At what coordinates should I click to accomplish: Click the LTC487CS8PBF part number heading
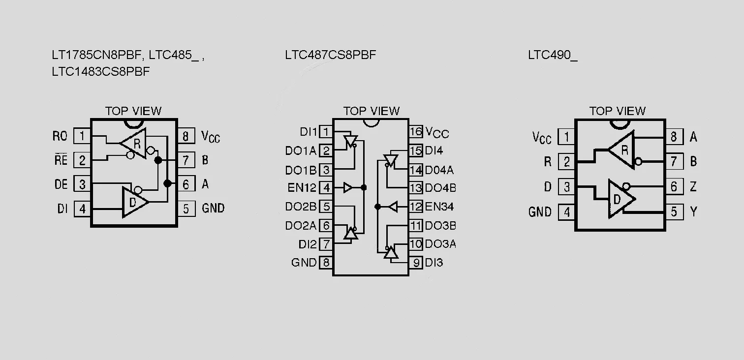[331, 55]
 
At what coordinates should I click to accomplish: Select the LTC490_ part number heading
[553, 55]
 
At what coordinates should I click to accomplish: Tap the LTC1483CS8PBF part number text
[101, 71]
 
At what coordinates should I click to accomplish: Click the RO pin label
[60, 136]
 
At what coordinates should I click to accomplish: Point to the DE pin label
[61, 184]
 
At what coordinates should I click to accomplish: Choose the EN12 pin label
[302, 188]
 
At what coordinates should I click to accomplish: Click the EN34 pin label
[439, 207]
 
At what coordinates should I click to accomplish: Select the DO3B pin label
[440, 226]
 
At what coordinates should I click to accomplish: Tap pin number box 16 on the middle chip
[416, 132]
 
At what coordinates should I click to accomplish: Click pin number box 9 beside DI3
[416, 263]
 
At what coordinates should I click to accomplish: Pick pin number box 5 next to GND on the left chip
[186, 209]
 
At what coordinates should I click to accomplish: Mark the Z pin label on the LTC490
[693, 187]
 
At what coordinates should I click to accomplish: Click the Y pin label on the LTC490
[693, 211]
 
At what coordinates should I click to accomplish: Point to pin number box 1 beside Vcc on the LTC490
[566, 137]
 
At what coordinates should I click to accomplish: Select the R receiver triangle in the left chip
[133, 144]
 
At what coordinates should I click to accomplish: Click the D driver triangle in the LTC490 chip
[621, 199]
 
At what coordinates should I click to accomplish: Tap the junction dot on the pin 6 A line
[168, 183]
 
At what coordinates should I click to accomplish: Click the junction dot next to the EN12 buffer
[364, 188]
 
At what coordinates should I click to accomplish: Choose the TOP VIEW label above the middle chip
[372, 111]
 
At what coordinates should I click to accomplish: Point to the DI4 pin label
[434, 150]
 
